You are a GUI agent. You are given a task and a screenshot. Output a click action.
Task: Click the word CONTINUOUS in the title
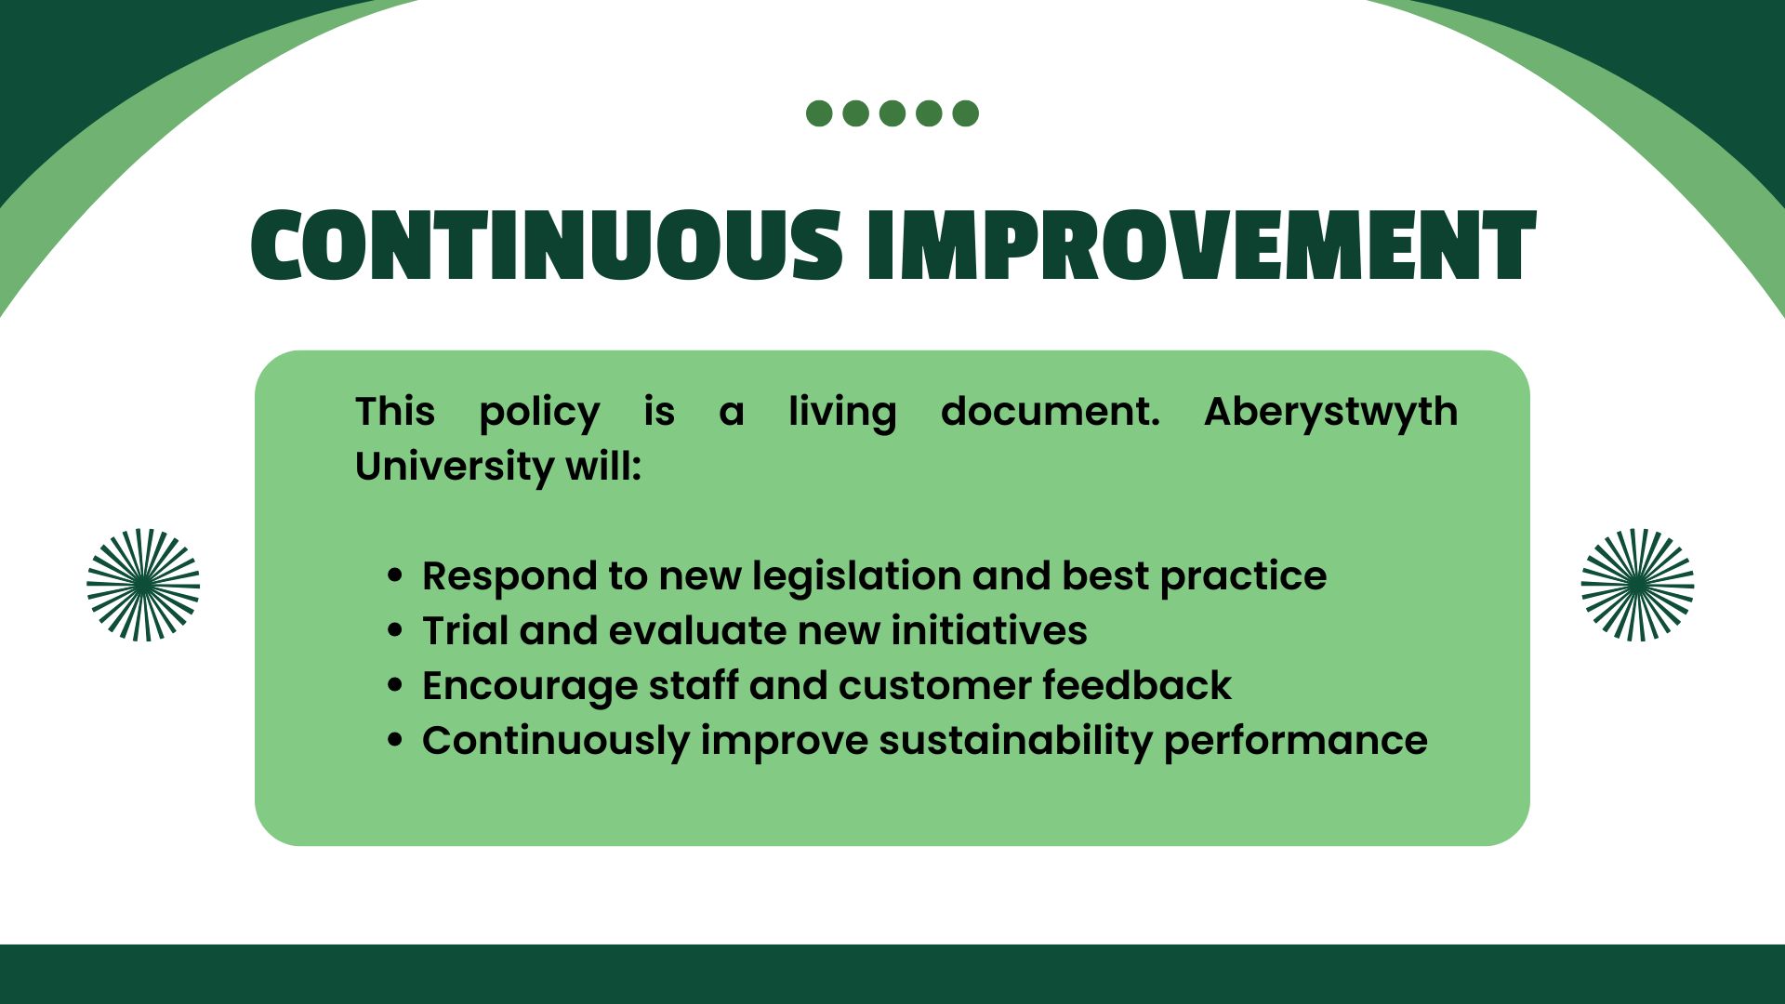(x=547, y=244)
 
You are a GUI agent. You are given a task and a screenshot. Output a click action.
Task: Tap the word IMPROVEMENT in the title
(x=1201, y=244)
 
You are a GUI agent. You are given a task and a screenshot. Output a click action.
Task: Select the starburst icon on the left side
(x=143, y=585)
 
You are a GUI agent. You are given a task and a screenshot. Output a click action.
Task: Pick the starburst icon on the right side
(x=1637, y=585)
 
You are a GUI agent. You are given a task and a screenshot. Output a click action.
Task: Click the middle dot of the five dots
(x=892, y=113)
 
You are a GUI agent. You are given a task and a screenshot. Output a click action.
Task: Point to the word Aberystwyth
(x=1330, y=412)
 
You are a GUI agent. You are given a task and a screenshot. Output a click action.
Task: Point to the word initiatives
(x=989, y=631)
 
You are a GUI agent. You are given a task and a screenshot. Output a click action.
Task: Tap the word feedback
(x=1137, y=686)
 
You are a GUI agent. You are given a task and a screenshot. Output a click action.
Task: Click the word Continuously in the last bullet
(x=555, y=742)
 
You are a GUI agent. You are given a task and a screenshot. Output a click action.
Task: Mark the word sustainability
(x=1015, y=742)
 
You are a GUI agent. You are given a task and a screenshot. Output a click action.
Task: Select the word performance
(x=1296, y=742)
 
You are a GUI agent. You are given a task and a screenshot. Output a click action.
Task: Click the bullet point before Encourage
(x=395, y=686)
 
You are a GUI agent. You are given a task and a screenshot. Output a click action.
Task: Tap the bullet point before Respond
(x=395, y=576)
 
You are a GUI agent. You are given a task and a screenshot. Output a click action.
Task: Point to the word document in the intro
(x=1051, y=412)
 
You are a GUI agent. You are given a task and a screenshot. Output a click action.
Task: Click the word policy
(x=539, y=413)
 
